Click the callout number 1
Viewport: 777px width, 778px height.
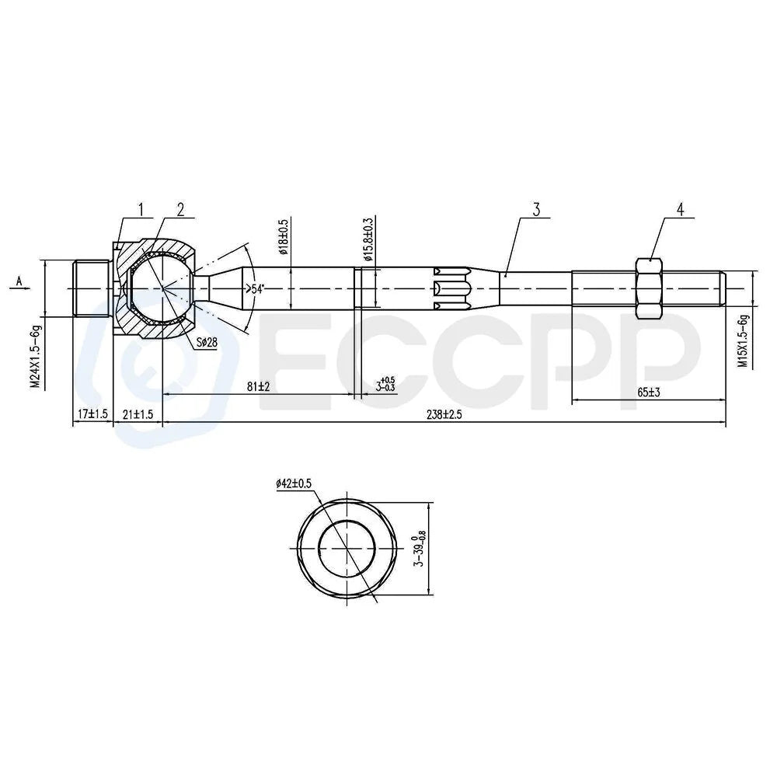(x=141, y=210)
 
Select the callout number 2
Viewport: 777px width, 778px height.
(x=180, y=210)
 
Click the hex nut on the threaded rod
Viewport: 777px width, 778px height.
(x=649, y=288)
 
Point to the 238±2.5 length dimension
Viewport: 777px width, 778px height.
(x=444, y=414)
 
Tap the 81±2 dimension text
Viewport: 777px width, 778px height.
(x=258, y=386)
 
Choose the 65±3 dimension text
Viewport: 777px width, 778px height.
(x=649, y=392)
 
